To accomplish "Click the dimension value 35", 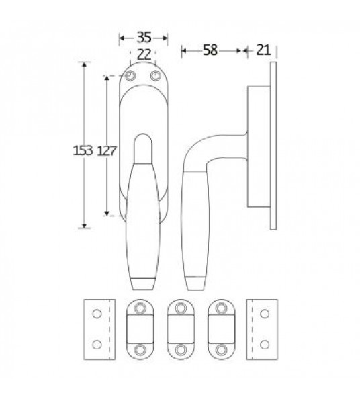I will click(x=142, y=37).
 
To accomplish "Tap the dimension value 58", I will click(x=210, y=50).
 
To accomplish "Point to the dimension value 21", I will click(x=263, y=50).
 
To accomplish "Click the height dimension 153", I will click(x=83, y=150).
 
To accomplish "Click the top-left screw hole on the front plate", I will click(x=132, y=76).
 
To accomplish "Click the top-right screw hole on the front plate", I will click(x=156, y=76).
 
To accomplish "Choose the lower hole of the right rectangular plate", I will click(x=263, y=345).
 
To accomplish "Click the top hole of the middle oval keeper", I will click(x=179, y=308).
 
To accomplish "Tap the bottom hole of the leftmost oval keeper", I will click(x=139, y=350).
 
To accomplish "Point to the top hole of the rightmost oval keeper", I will click(x=220, y=308).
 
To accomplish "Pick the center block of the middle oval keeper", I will click(x=179, y=329).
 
